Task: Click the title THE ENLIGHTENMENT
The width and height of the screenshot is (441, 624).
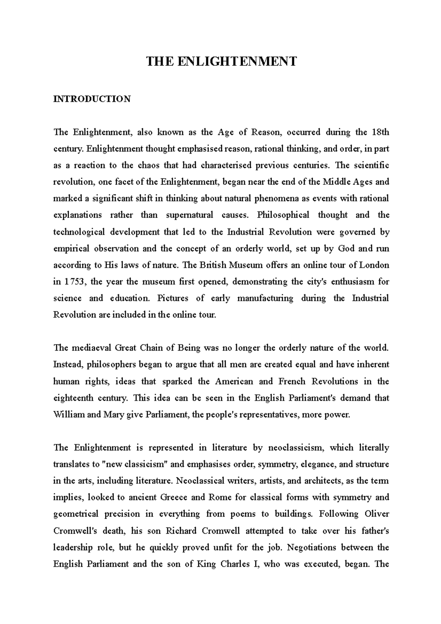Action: pos(221,61)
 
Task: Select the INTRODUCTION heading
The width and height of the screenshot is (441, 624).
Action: pos(92,99)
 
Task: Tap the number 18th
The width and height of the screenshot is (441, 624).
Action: pos(378,132)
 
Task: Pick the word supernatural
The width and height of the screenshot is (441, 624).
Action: pos(189,215)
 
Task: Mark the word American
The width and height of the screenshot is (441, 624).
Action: pos(234,381)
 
